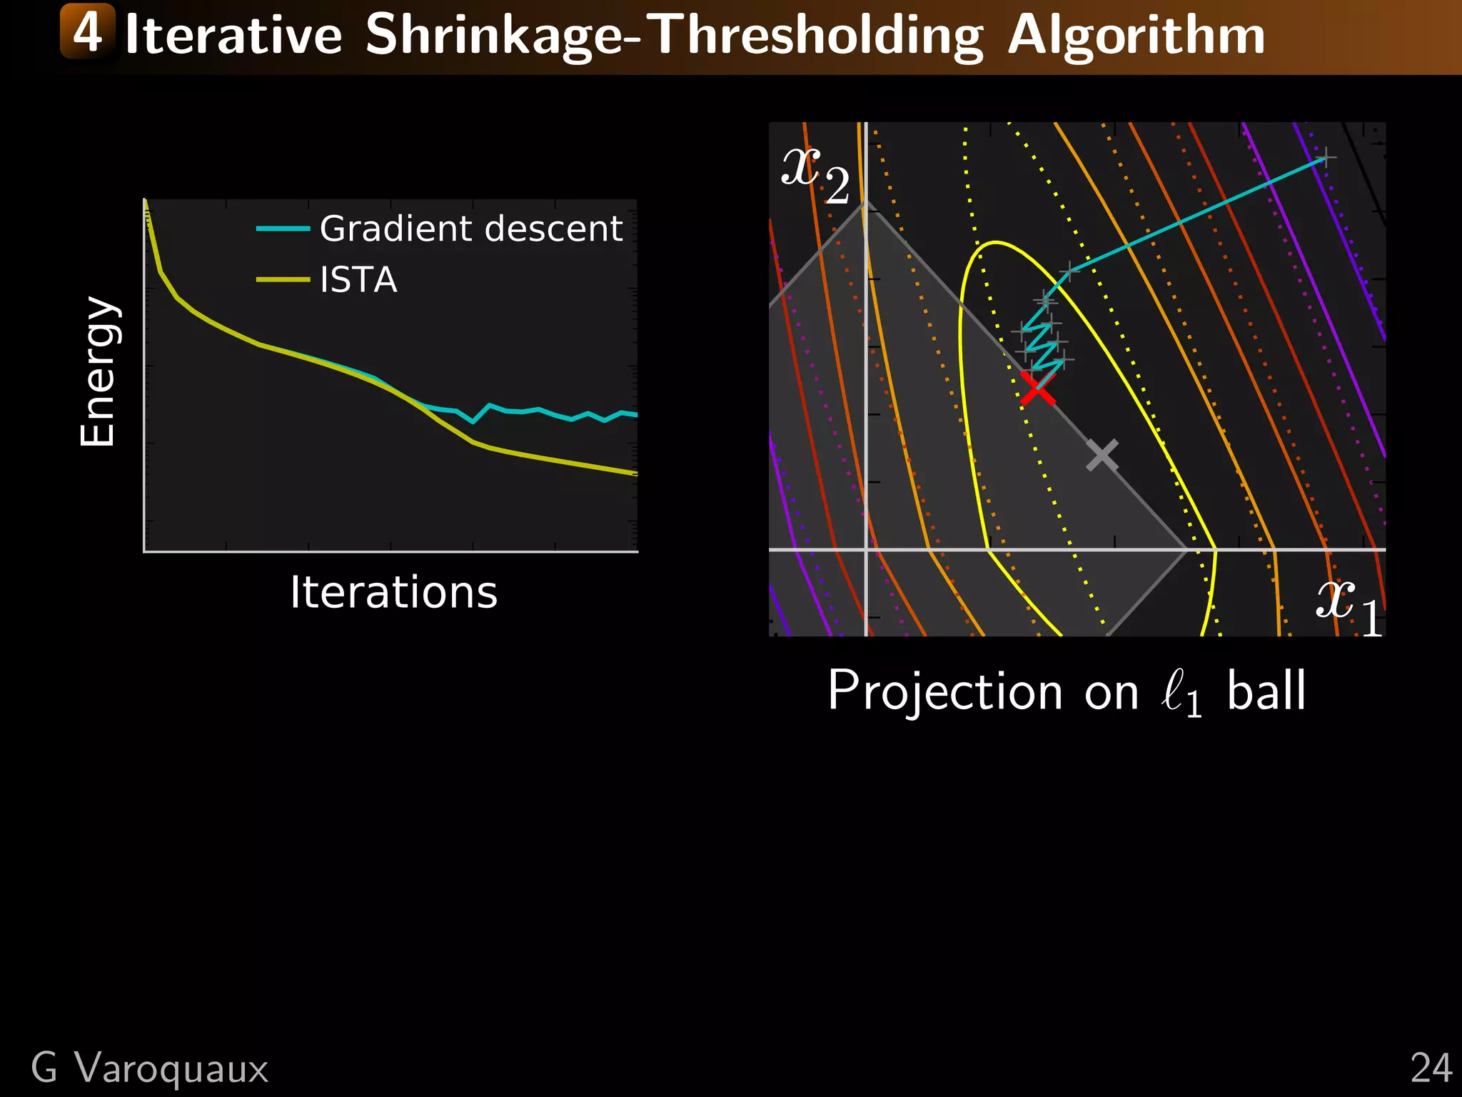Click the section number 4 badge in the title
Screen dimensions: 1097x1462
(87, 31)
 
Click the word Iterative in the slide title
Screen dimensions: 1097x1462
(233, 36)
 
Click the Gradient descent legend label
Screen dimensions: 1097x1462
(470, 229)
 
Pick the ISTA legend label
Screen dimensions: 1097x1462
(358, 279)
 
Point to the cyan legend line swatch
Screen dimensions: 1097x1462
(283, 229)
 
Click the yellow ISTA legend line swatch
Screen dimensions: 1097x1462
(283, 279)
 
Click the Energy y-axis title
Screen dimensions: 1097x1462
(98, 371)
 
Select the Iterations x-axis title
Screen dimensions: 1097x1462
(393, 592)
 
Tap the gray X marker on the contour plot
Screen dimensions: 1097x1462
(1102, 455)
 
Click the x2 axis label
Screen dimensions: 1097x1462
(815, 174)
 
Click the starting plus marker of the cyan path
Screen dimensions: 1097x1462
(1325, 158)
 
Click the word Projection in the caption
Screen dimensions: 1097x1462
(945, 691)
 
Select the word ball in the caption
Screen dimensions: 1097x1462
(1266, 691)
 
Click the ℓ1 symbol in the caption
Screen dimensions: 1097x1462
(1181, 693)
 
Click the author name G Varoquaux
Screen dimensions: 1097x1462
(150, 1068)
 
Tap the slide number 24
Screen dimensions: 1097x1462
(1431, 1068)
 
